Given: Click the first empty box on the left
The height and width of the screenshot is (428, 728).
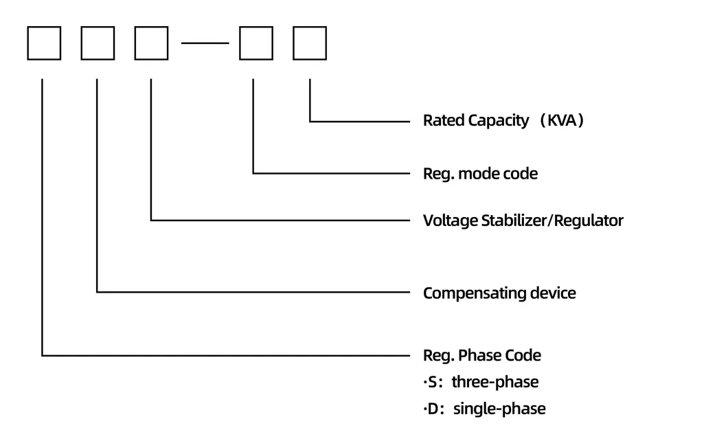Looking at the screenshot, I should pyautogui.click(x=44, y=43).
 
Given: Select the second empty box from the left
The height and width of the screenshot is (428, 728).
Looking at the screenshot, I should pyautogui.click(x=98, y=43).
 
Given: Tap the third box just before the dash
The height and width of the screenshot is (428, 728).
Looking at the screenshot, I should pyautogui.click(x=151, y=43).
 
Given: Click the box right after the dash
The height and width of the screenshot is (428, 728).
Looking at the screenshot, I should pyautogui.click(x=255, y=43).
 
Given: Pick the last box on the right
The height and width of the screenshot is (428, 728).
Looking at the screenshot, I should pyautogui.click(x=310, y=43).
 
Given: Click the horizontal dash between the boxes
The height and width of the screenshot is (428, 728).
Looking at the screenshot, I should pyautogui.click(x=205, y=43).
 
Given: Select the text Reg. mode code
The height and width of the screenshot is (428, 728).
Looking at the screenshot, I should pyautogui.click(x=480, y=174).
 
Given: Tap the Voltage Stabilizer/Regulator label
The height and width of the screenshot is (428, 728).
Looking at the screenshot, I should pyautogui.click(x=523, y=221).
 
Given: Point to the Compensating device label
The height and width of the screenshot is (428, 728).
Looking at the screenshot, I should pyautogui.click(x=499, y=293).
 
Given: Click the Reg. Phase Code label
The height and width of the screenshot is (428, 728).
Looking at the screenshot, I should pyautogui.click(x=481, y=356).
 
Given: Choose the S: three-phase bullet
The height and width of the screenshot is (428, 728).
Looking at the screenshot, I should pyautogui.click(x=481, y=382).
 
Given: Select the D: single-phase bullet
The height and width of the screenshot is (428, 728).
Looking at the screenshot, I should pyautogui.click(x=484, y=409).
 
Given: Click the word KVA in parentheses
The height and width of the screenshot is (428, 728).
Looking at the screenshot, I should pyautogui.click(x=562, y=121).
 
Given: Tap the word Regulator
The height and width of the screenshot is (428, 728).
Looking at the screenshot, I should pyautogui.click(x=589, y=221).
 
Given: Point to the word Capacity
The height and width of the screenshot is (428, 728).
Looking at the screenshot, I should pyautogui.click(x=499, y=121).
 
